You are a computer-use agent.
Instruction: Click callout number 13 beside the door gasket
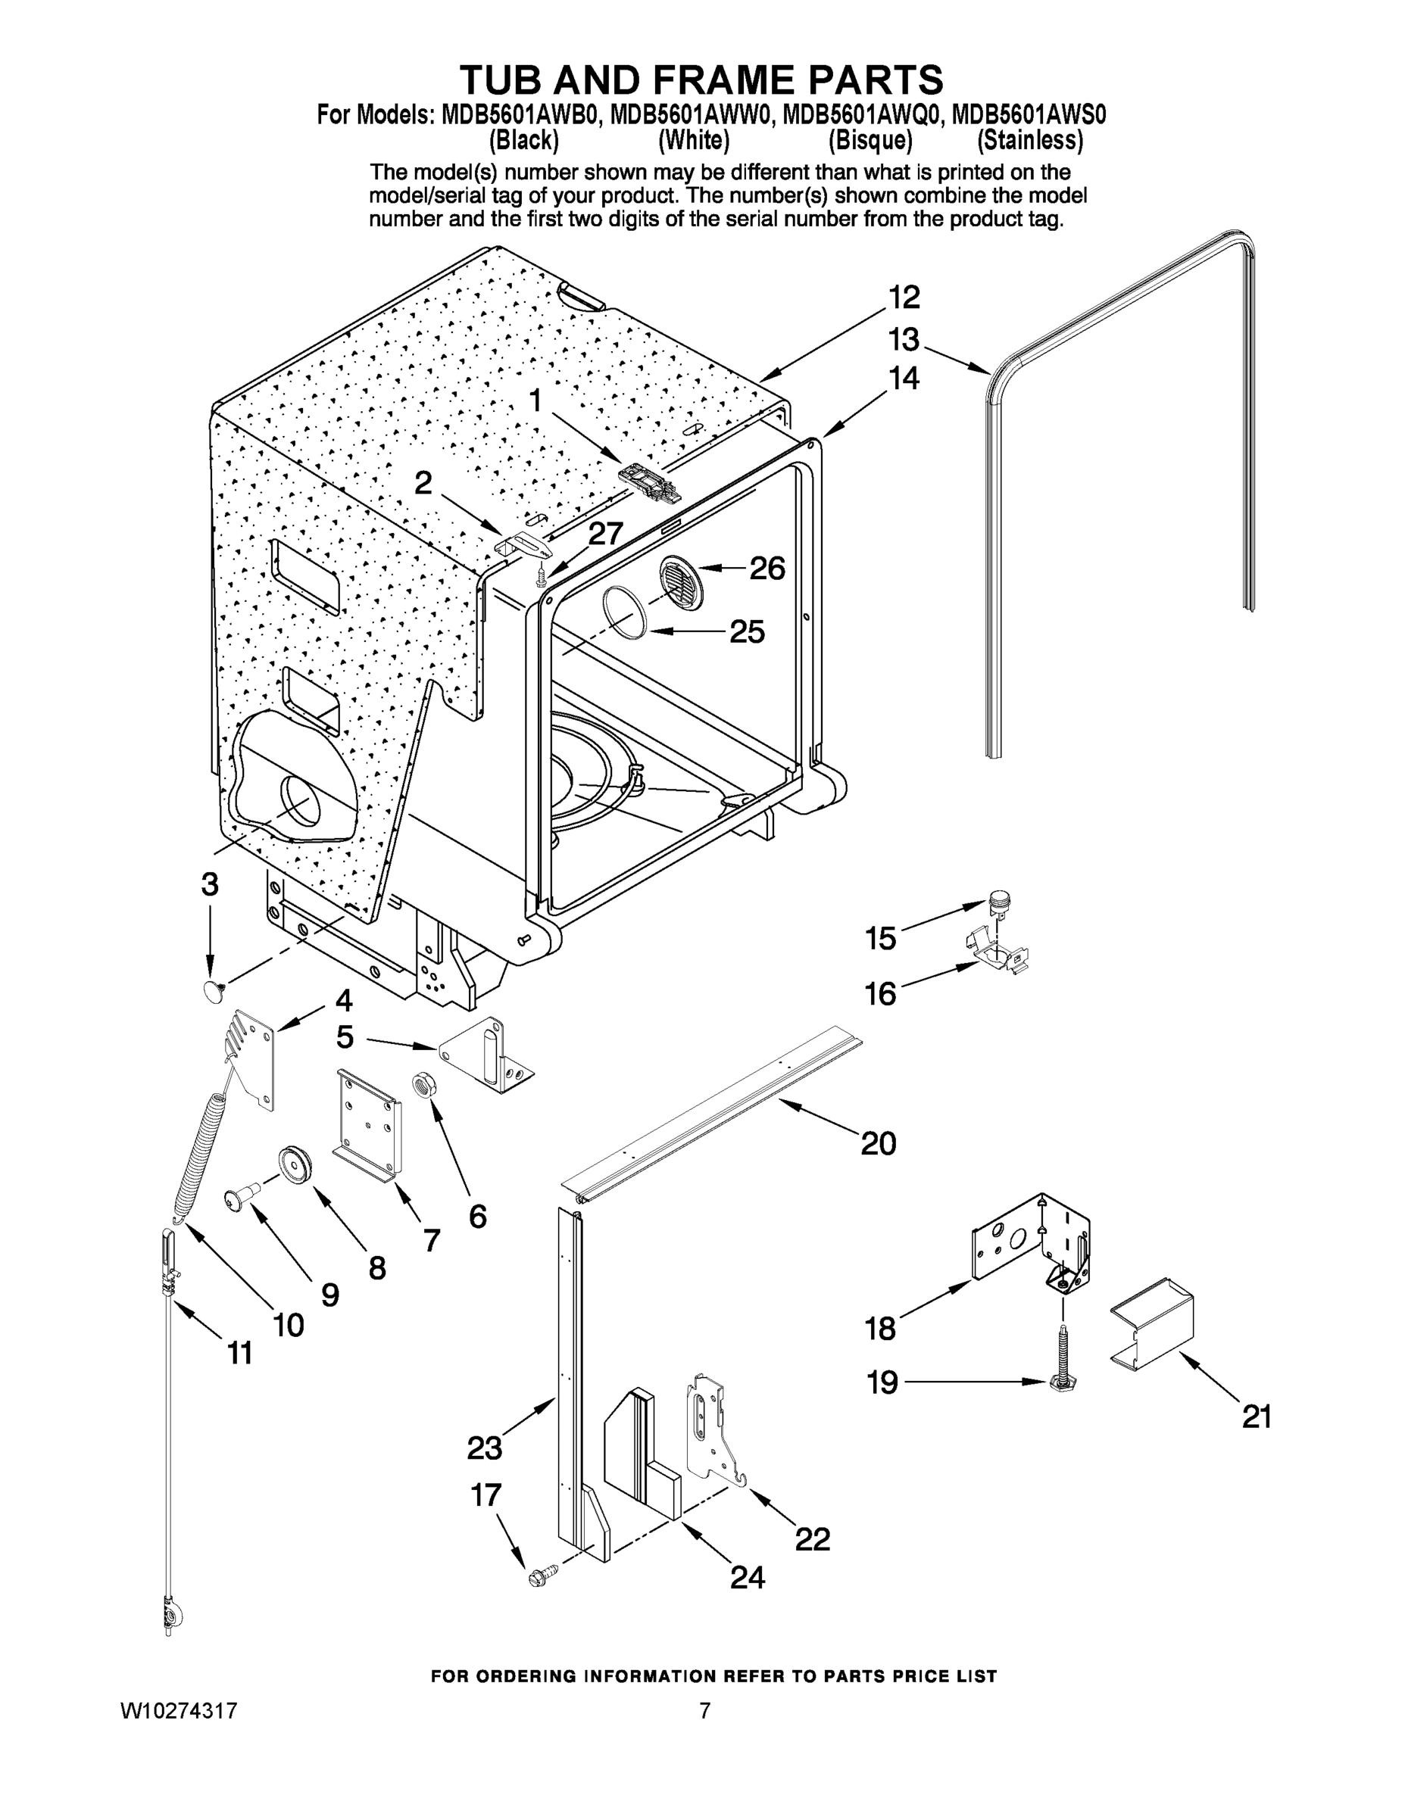click(903, 339)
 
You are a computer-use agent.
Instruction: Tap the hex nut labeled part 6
click(422, 1085)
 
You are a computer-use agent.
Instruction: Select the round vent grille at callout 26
click(681, 580)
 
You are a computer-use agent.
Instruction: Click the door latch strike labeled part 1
click(650, 479)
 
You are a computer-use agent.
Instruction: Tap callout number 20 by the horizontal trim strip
click(878, 1142)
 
